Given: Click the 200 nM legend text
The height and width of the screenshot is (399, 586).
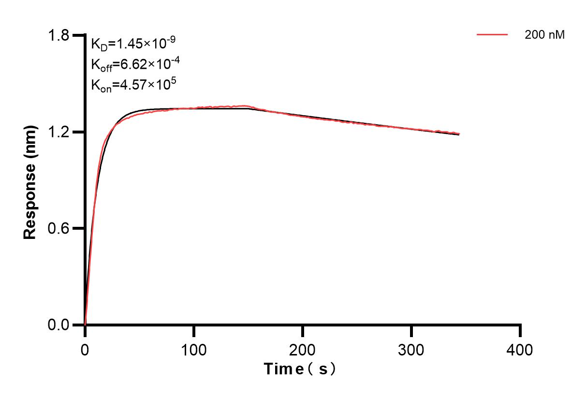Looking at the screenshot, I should pyautogui.click(x=545, y=35).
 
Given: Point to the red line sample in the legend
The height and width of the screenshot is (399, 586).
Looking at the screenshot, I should pyautogui.click(x=492, y=35).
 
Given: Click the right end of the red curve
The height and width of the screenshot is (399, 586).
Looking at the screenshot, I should pyautogui.click(x=459, y=134).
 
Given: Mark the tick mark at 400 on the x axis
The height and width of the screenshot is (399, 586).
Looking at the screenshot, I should pyautogui.click(x=520, y=330).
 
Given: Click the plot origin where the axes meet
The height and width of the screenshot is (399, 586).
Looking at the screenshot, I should pyautogui.click(x=85, y=325).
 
